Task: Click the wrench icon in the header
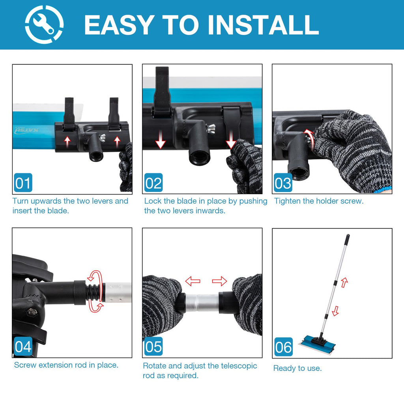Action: click(x=44, y=24)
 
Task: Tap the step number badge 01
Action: click(x=23, y=183)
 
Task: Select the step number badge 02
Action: click(x=153, y=183)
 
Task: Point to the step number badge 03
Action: click(x=283, y=183)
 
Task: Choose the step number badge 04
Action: click(x=23, y=346)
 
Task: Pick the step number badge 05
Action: click(x=153, y=346)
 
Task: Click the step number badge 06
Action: click(x=283, y=347)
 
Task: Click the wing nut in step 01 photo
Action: click(x=103, y=137)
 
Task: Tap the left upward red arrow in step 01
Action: click(x=67, y=142)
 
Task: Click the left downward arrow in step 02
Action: click(x=161, y=139)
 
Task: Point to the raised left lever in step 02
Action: click(x=161, y=92)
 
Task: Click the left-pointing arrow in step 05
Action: click(x=193, y=281)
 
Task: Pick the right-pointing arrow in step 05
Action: click(x=219, y=281)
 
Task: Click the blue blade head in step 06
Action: click(x=317, y=342)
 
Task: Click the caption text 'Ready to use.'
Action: click(x=297, y=368)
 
